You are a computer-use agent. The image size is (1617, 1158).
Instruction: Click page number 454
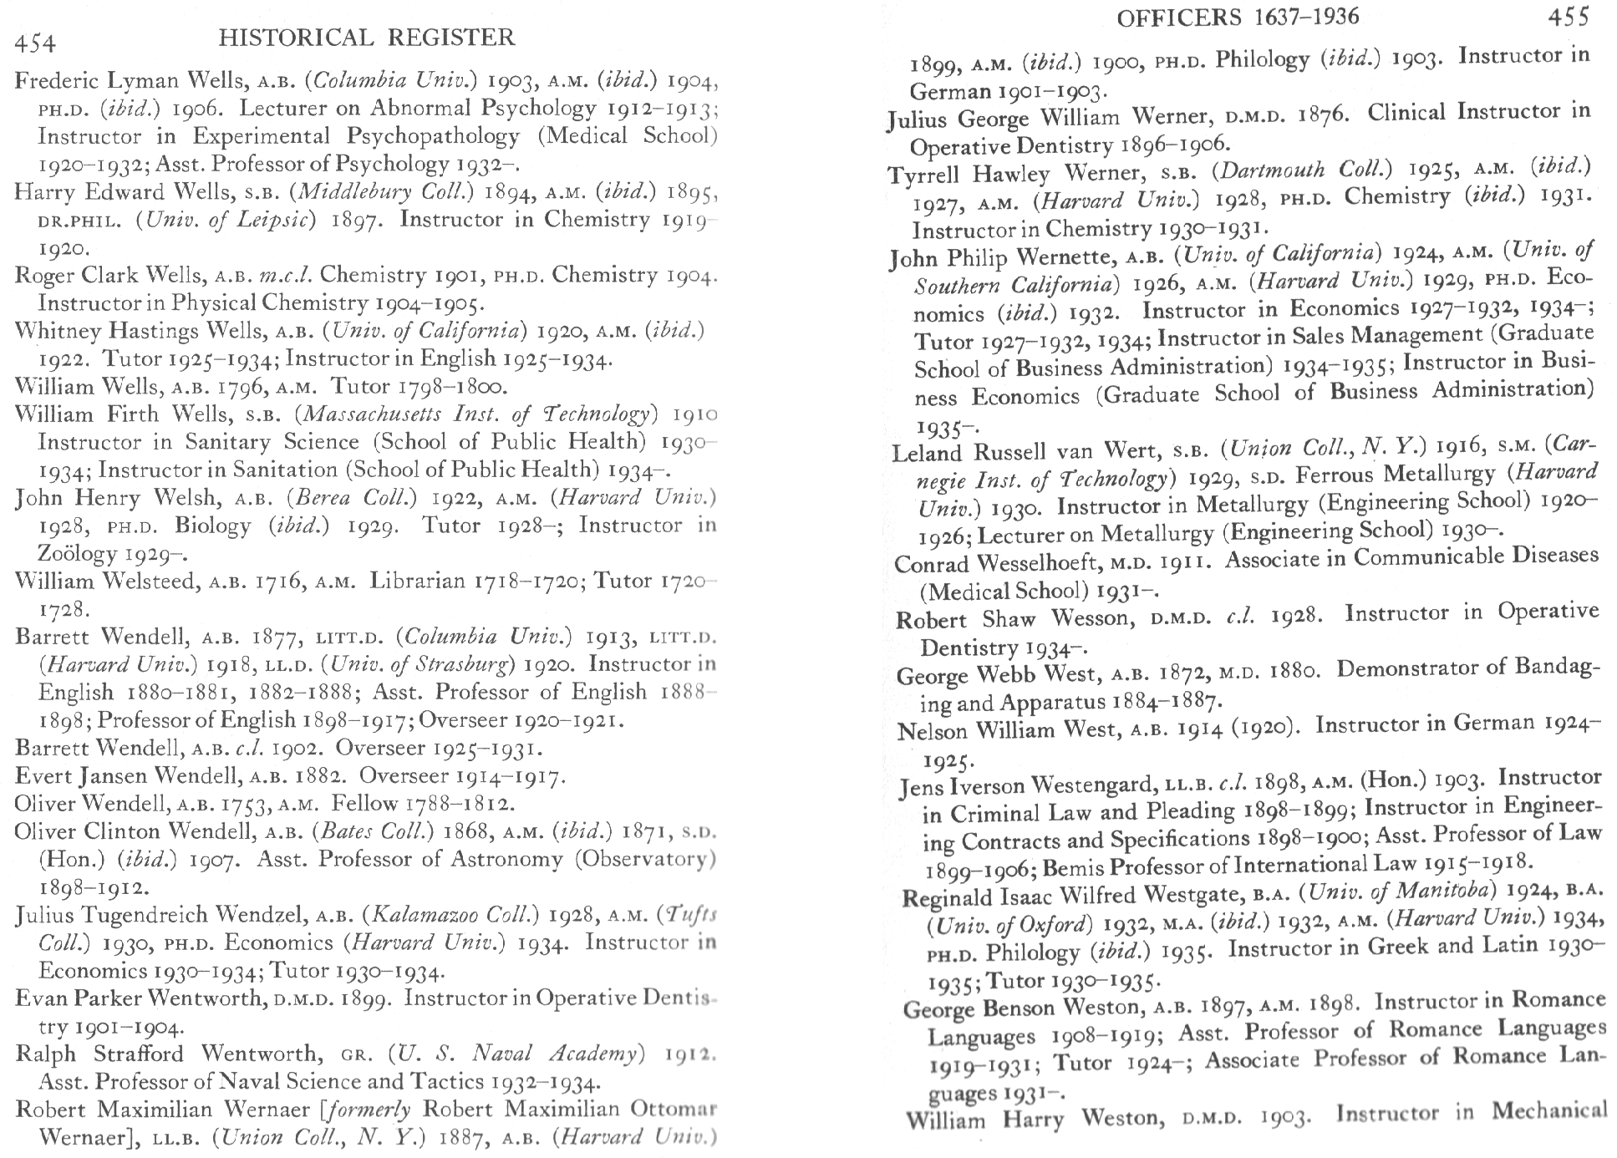pos(34,43)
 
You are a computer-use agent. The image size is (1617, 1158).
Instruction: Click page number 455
pos(1568,16)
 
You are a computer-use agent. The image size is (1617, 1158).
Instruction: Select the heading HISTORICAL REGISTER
pos(366,38)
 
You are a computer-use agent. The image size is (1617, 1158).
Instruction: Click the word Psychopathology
pos(433,135)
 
